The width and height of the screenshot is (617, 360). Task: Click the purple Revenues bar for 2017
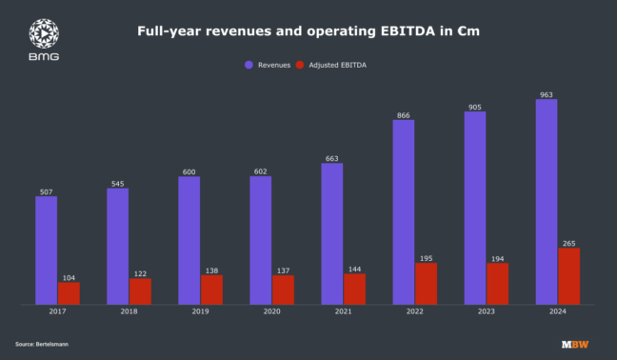46,250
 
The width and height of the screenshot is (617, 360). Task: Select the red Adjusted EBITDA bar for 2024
569,276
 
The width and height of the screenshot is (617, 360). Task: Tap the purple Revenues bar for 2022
404,211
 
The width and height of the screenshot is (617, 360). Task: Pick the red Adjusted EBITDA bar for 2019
211,290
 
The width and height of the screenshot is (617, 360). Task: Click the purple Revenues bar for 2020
261,240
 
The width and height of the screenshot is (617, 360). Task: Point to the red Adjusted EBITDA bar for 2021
354,289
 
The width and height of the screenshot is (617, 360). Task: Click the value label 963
547,94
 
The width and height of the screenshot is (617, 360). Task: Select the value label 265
569,243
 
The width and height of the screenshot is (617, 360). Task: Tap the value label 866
404,114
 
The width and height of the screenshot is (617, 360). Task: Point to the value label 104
69,277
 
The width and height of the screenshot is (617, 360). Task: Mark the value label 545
117,183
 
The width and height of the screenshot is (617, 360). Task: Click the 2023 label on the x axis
486,311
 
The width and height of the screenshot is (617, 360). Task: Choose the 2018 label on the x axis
129,311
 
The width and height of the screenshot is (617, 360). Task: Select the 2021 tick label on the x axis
343,311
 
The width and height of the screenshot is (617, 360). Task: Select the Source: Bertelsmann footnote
42,343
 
